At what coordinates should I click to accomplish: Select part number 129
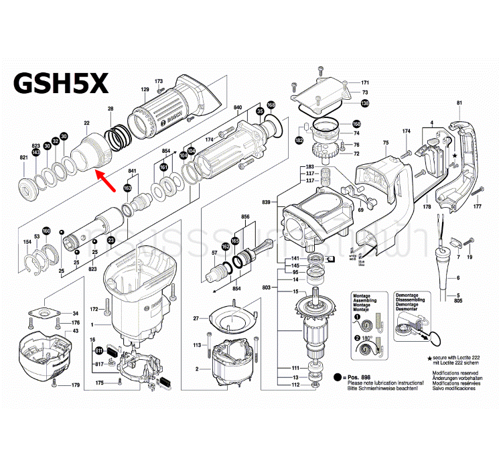pyautogui.click(x=144, y=89)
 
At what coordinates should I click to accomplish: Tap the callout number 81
pyautogui.click(x=459, y=102)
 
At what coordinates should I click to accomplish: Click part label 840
pyautogui.click(x=238, y=107)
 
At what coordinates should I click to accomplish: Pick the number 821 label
pyautogui.click(x=23, y=157)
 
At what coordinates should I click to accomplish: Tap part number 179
pyautogui.click(x=76, y=385)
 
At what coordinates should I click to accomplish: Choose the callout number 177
pyautogui.click(x=478, y=207)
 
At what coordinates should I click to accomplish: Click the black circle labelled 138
pyautogui.click(x=364, y=103)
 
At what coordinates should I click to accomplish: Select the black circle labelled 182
pyautogui.click(x=299, y=140)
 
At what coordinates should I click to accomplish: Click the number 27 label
pyautogui.click(x=196, y=318)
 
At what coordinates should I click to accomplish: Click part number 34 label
pyautogui.click(x=76, y=314)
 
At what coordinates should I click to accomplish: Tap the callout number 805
pyautogui.click(x=459, y=302)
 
